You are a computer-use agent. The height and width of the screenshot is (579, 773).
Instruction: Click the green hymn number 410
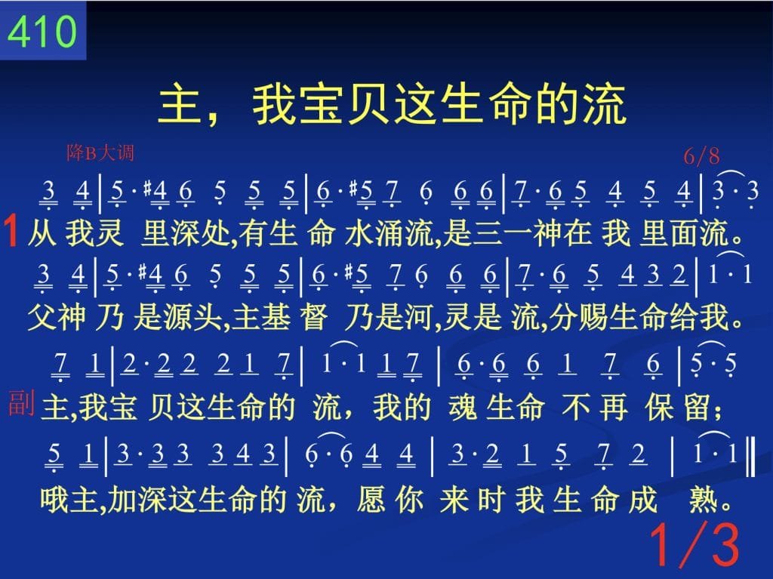coord(42,31)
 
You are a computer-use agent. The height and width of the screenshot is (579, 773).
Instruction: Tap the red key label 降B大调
coord(100,153)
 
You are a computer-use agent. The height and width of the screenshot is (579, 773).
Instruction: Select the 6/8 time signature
coord(701,156)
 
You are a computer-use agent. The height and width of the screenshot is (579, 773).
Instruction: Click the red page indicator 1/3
coord(695,544)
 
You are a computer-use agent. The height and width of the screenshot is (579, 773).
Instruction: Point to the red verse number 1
coord(11,231)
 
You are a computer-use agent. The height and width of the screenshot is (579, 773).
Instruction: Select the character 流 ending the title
coord(605,105)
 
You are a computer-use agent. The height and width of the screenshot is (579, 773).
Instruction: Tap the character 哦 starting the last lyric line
coord(54,499)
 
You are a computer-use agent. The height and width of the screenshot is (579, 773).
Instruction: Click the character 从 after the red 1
coord(42,233)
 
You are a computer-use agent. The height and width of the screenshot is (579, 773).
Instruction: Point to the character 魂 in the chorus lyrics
coord(463,408)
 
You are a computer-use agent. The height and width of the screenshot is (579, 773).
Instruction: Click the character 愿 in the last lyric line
coord(371,499)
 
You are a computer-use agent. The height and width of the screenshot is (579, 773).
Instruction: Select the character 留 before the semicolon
coord(698,408)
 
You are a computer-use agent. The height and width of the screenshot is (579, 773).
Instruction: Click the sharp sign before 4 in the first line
coord(147,188)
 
